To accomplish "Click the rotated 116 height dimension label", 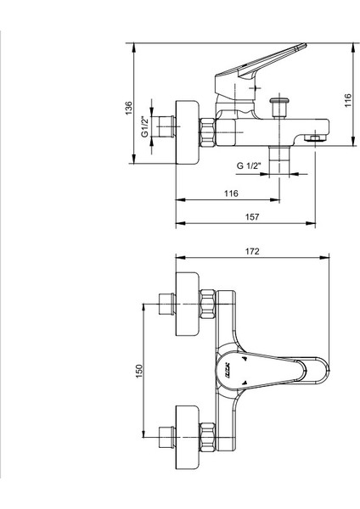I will pos(347,101).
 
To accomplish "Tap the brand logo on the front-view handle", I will pos(230,371).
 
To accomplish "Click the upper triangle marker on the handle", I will pos(245,360).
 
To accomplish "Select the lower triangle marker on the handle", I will pos(245,383).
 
